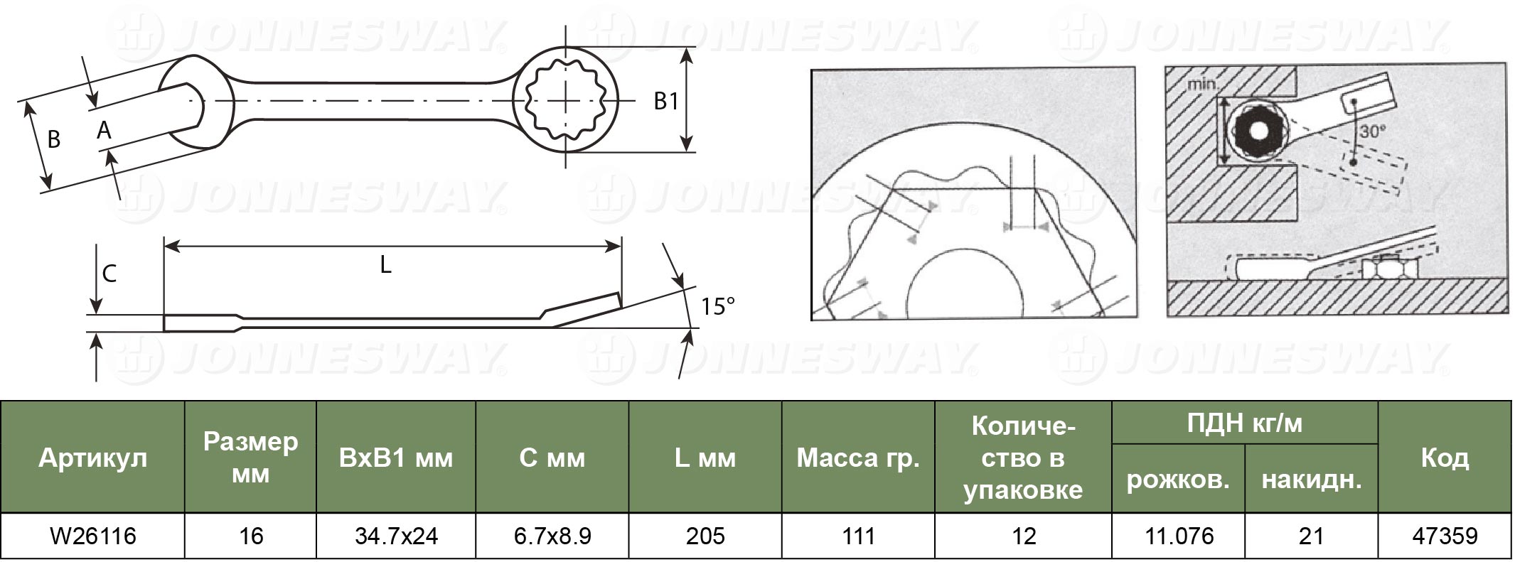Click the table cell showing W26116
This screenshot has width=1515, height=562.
tap(92, 536)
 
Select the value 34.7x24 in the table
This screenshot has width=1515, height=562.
tap(396, 536)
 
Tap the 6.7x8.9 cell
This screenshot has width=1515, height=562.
tap(552, 536)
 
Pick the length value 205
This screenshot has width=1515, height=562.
tap(705, 536)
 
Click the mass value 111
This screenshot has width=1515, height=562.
tap(858, 536)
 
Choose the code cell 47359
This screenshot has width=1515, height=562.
tap(1445, 536)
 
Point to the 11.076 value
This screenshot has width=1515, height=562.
tap(1179, 536)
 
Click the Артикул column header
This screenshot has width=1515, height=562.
tap(92, 458)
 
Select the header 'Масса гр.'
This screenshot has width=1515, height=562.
tap(858, 458)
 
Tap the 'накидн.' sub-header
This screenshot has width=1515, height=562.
tap(1311, 480)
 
